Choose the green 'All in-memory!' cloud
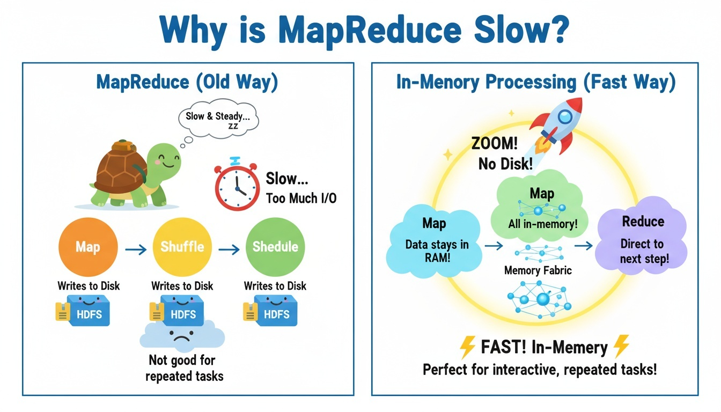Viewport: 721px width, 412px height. pyautogui.click(x=542, y=207)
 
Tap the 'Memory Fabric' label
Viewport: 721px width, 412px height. pyautogui.click(x=538, y=270)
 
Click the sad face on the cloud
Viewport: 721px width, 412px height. pyautogui.click(x=181, y=337)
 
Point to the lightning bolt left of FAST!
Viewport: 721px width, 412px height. pyautogui.click(x=468, y=348)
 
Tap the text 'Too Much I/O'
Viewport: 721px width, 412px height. pyautogui.click(x=301, y=198)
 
